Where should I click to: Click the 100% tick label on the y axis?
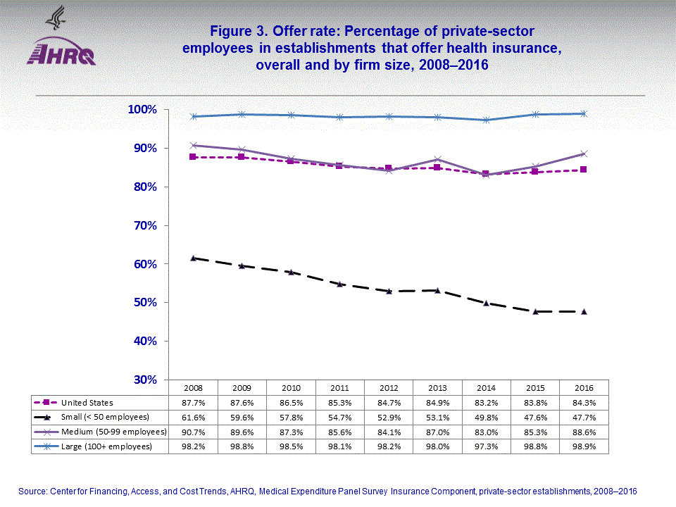tap(142, 110)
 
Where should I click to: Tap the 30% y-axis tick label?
tap(145, 380)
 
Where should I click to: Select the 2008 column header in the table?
tap(194, 388)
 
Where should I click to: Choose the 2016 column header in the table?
tap(584, 388)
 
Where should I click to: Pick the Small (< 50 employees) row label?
tap(105, 417)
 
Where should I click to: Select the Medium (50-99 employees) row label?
tap(113, 431)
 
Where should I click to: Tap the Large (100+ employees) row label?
tap(107, 446)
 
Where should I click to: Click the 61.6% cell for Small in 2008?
tap(194, 417)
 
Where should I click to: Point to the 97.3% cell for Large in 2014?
tap(486, 446)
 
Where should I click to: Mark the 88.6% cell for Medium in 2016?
tap(584, 431)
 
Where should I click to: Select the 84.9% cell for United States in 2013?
tap(437, 403)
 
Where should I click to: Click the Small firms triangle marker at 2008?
tap(194, 258)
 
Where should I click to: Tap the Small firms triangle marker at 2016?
tap(584, 311)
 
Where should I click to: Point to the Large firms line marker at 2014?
tap(486, 120)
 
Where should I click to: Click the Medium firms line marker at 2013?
tap(437, 159)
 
